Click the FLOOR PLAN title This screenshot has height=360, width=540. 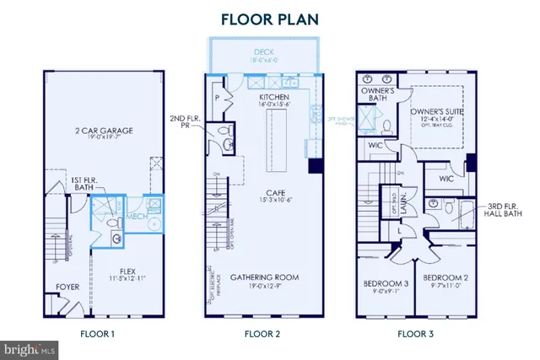point(270,19)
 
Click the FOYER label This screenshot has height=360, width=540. point(67,287)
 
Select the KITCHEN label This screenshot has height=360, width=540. point(273,98)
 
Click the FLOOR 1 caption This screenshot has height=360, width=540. point(97,334)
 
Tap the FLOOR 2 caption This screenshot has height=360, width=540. point(262,334)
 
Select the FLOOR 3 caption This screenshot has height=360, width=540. point(414,334)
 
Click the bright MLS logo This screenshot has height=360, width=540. point(30,347)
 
